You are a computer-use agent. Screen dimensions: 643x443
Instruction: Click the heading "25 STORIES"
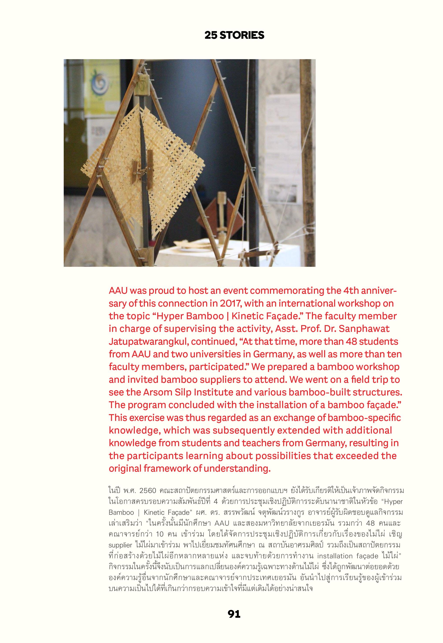(234, 35)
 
